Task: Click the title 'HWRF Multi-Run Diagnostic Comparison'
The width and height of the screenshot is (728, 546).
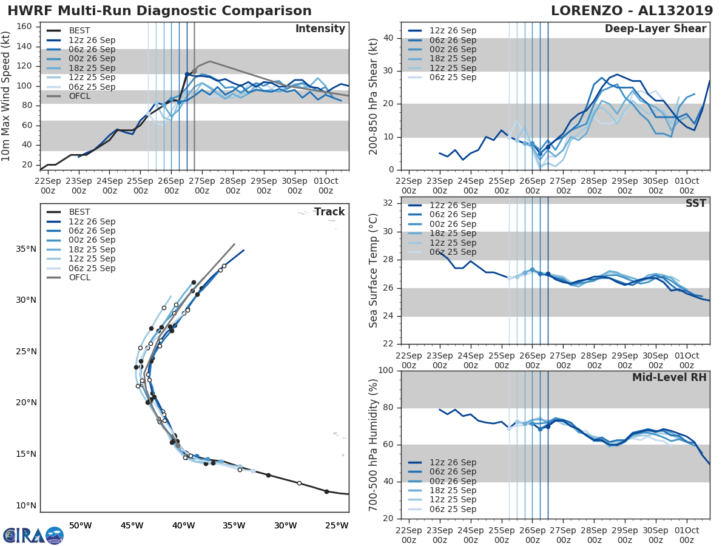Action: [160, 11]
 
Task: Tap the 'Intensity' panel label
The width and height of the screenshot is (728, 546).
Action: [320, 29]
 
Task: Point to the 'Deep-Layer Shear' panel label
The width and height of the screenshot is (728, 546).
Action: [655, 29]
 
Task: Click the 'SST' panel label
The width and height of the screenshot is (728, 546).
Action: [696, 203]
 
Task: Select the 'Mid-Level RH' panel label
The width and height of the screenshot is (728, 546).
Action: [669, 377]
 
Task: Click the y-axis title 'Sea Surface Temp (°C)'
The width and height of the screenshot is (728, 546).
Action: [374, 271]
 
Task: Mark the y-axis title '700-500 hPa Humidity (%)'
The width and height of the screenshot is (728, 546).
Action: [374, 445]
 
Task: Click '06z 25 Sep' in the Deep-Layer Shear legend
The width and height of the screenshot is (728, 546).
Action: [454, 77]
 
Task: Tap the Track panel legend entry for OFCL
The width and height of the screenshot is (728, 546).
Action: [79, 277]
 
